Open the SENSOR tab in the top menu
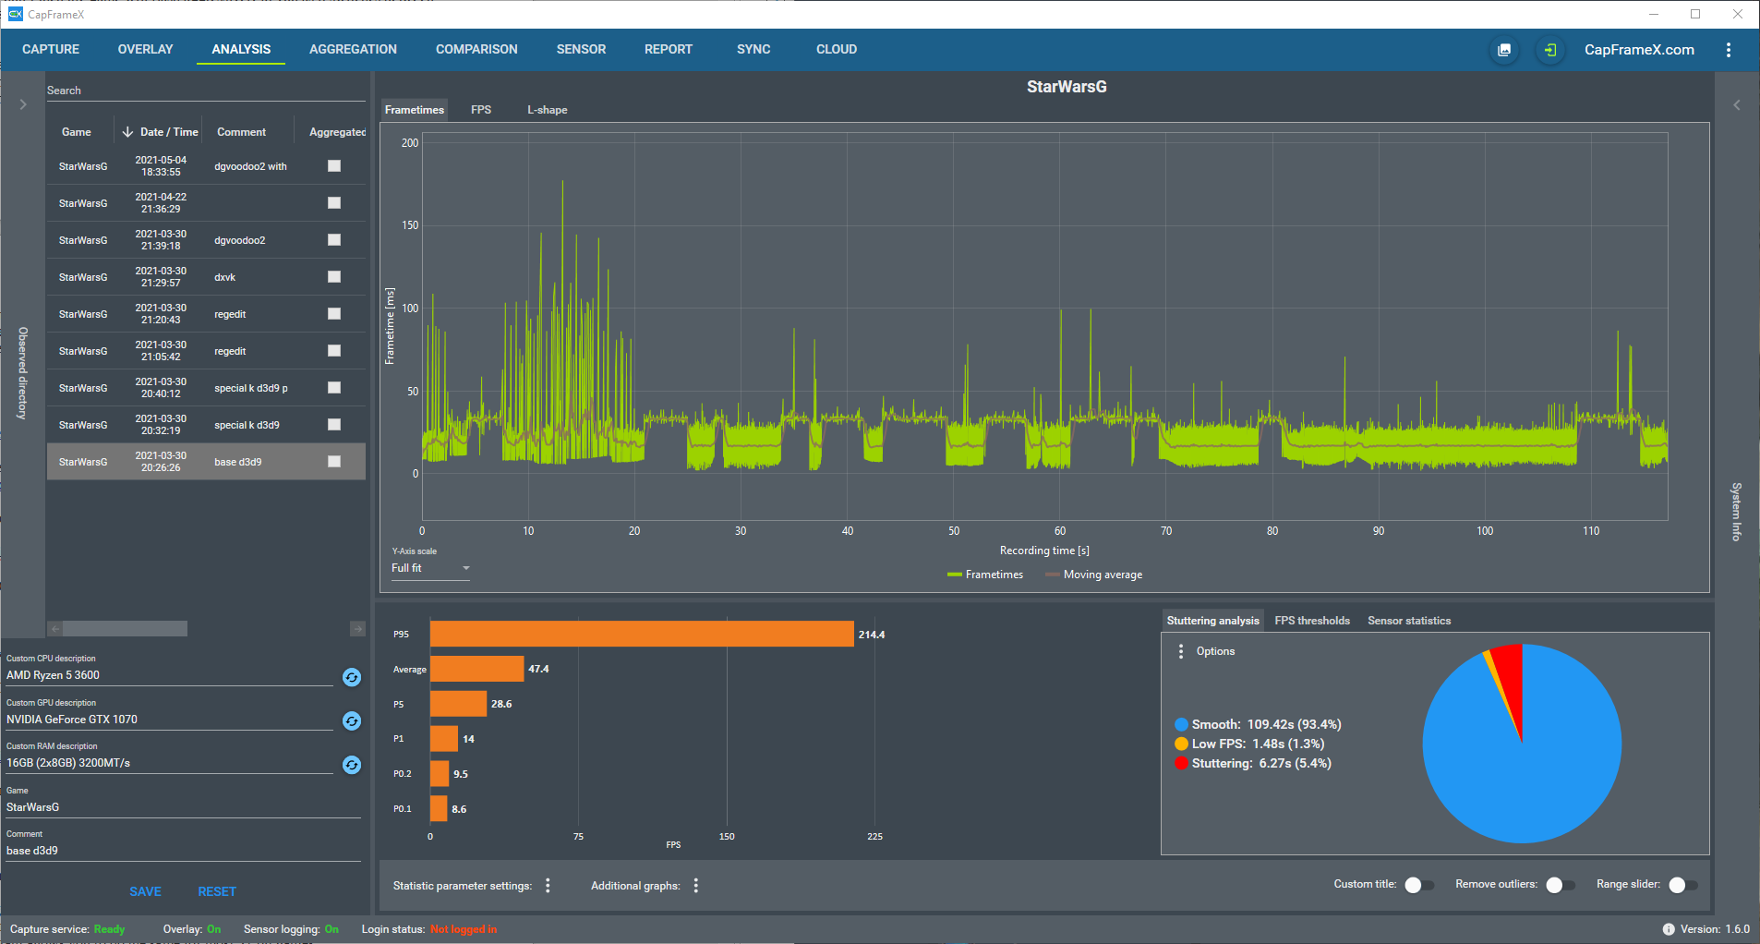[581, 49]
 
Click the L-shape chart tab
[547, 110]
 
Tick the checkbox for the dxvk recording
[334, 277]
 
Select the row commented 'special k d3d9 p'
[206, 388]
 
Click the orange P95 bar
[642, 634]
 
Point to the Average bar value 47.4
[538, 669]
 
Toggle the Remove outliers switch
[1561, 885]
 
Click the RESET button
[217, 891]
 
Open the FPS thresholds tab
[1312, 621]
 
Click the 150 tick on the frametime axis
[410, 225]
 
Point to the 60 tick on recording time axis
[1060, 531]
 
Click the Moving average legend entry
[1094, 575]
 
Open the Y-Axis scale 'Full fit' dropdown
[430, 568]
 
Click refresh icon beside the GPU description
[352, 720]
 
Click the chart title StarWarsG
[1067, 87]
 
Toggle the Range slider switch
[1683, 885]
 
